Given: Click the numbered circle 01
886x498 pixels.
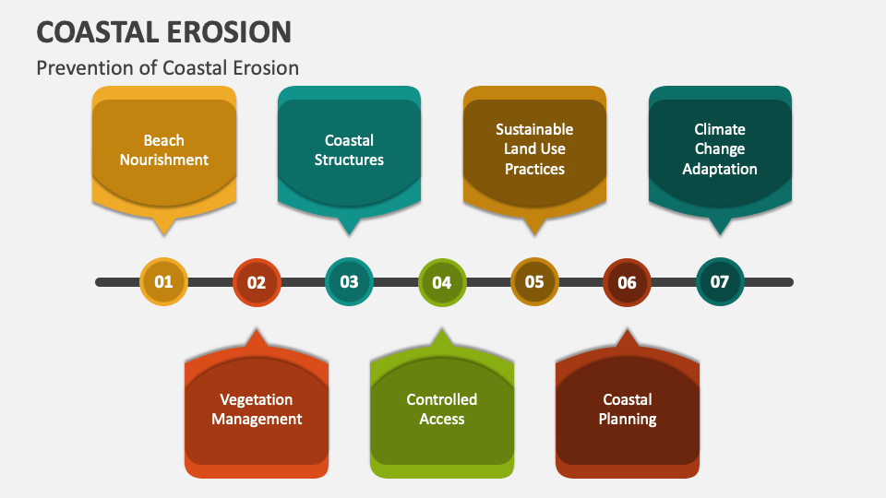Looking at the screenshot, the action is [x=164, y=282].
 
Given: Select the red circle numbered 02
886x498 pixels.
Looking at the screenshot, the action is [x=257, y=282].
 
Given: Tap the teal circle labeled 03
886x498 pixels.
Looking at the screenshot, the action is [x=349, y=282].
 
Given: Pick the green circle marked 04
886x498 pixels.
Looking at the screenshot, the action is [x=442, y=282].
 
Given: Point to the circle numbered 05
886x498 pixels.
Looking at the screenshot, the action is [x=534, y=282].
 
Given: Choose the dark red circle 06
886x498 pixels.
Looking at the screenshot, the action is [x=628, y=282].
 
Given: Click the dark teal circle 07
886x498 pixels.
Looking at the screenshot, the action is [x=720, y=282].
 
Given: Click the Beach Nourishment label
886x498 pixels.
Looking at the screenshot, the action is [x=164, y=150].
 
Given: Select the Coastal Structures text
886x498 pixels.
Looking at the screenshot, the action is [x=349, y=150].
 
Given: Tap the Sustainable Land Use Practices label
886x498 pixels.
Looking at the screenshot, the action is [x=534, y=149].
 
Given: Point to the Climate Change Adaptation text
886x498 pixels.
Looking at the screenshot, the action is [x=720, y=149].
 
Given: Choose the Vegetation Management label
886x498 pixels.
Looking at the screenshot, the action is [x=257, y=409].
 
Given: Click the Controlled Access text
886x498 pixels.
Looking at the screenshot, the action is [x=442, y=409].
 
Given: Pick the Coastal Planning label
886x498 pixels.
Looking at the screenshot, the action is [x=628, y=409].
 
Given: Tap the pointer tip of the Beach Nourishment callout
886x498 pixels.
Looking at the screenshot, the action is [x=164, y=234].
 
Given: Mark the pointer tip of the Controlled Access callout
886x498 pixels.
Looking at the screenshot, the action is [x=442, y=329].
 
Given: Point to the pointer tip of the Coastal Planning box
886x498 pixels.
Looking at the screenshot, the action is [x=628, y=329].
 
